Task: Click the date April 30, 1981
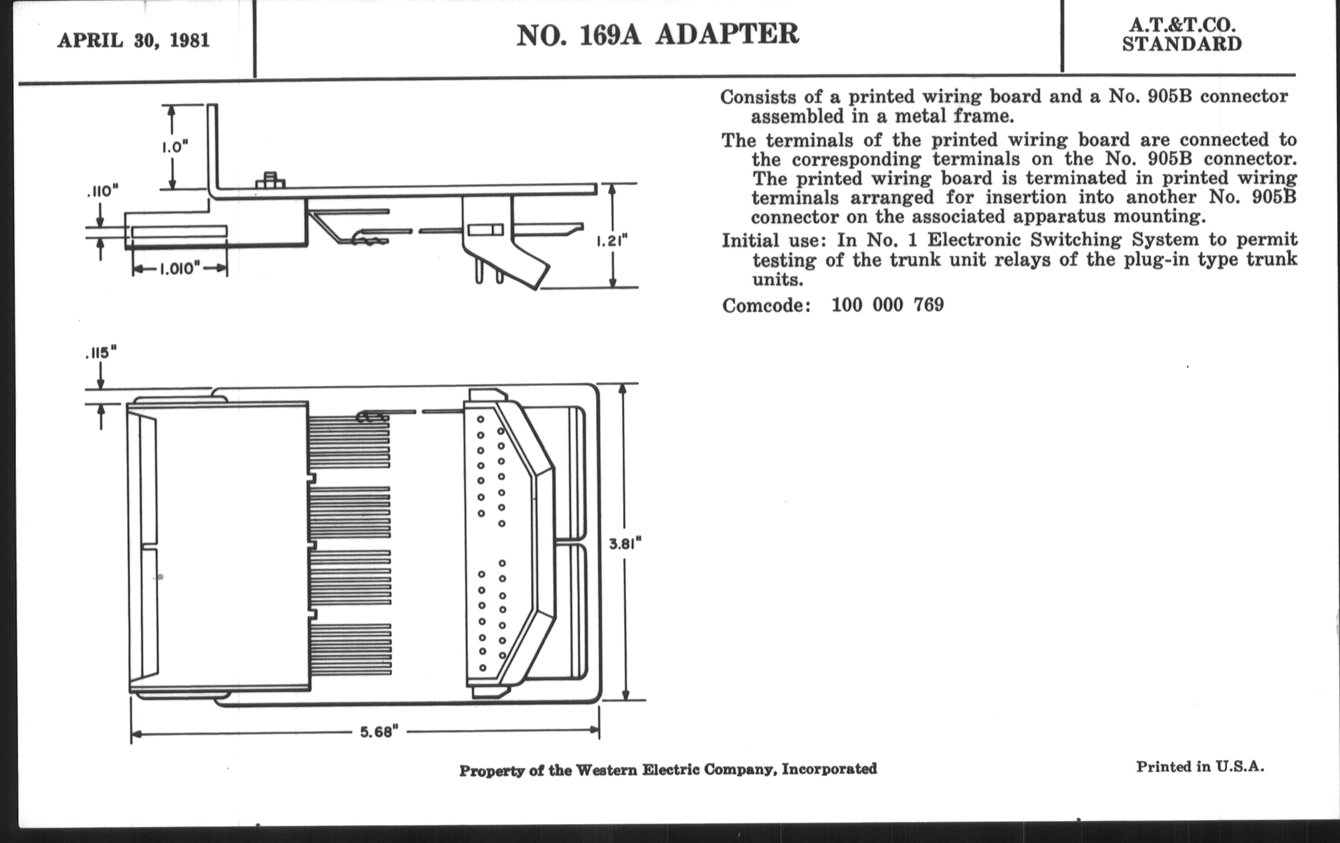tap(133, 41)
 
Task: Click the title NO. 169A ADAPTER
tap(657, 35)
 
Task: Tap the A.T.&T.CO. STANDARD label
tap(1181, 35)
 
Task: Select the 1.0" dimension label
tap(175, 148)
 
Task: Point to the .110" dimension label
tap(102, 192)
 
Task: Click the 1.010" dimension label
tap(180, 269)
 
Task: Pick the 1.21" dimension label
tap(612, 241)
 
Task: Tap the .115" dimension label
tap(101, 353)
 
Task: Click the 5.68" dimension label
tap(379, 732)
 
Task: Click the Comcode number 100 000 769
tap(888, 305)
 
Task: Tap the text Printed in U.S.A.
tap(1199, 767)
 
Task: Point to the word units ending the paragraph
tap(777, 279)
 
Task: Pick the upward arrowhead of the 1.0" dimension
tap(172, 110)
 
